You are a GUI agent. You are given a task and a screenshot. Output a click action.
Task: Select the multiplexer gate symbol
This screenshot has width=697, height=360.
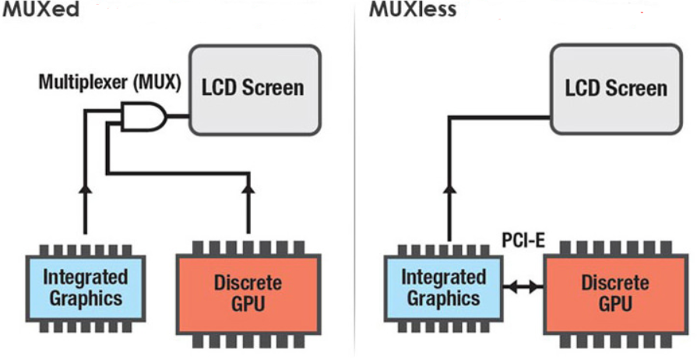point(144,118)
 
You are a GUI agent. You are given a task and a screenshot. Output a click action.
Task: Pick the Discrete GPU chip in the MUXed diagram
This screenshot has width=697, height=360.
point(248,292)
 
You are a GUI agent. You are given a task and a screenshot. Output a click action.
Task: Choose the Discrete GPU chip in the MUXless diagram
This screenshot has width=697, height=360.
point(614,292)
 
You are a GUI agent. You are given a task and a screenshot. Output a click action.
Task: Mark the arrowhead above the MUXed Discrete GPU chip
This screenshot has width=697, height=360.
point(248,187)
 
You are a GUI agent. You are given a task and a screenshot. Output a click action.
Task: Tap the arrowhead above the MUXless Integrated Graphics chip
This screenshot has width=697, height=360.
point(449,187)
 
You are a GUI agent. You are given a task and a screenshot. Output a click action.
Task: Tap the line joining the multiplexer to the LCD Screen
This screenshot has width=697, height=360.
point(177,118)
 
